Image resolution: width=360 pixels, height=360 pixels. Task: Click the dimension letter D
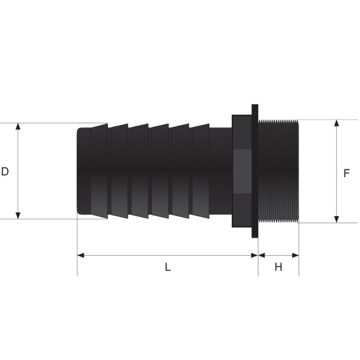(5, 171)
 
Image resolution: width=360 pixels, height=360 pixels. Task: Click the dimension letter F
(346, 173)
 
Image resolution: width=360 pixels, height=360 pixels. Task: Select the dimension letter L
(167, 267)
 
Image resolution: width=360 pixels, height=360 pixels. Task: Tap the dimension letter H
(278, 267)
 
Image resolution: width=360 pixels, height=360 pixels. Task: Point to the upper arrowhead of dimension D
(18, 126)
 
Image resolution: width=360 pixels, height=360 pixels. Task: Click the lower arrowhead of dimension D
(18, 216)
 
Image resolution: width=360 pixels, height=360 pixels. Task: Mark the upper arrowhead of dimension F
(337, 123)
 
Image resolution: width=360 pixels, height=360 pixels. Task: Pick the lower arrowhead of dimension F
(337, 220)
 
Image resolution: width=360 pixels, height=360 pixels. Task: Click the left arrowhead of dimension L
(81, 255)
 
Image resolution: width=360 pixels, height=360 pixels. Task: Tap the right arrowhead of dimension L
(255, 255)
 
